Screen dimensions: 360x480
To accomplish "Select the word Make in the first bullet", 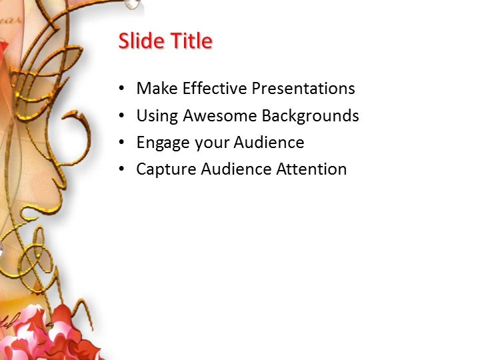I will pyautogui.click(x=155, y=89).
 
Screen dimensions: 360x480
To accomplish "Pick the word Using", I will pyautogui.click(x=157, y=116).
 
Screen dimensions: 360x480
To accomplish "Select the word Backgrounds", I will pyautogui.click(x=310, y=116).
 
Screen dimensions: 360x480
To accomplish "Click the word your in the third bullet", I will pyautogui.click(x=210, y=143).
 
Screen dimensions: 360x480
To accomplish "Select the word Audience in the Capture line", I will pyautogui.click(x=228, y=169).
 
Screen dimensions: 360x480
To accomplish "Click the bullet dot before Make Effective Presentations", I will pyautogui.click(x=121, y=89).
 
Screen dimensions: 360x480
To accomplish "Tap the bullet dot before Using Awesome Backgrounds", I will pyautogui.click(x=121, y=116).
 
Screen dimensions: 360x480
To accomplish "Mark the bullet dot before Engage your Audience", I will pyautogui.click(x=121, y=143).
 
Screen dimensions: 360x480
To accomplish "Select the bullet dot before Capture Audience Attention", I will pyautogui.click(x=121, y=170).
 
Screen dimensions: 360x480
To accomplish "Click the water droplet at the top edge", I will pyautogui.click(x=133, y=4).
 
